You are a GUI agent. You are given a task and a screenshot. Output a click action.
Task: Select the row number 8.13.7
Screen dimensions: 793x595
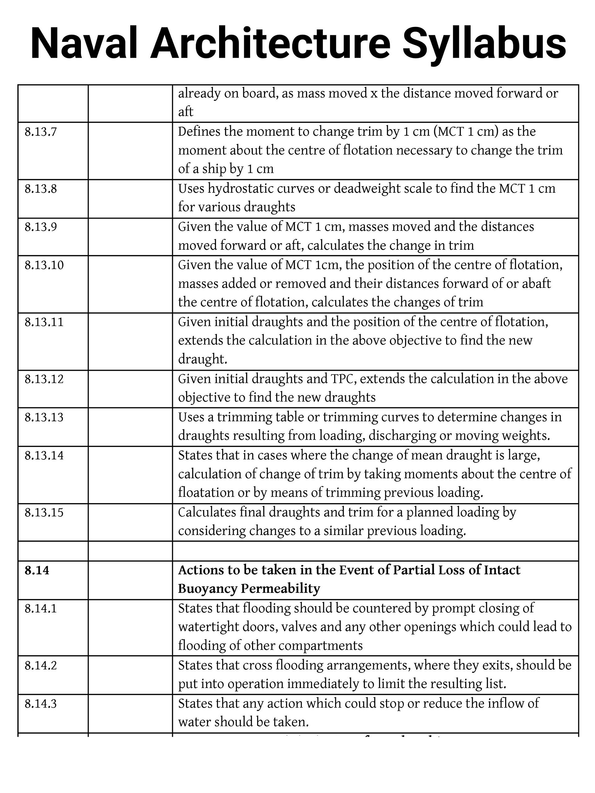(x=41, y=132)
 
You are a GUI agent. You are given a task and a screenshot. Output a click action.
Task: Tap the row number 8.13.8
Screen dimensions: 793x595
(x=41, y=189)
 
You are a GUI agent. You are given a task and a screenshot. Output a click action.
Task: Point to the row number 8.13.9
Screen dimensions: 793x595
(x=41, y=227)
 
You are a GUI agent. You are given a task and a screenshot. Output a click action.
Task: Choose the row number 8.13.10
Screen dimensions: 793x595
(x=44, y=265)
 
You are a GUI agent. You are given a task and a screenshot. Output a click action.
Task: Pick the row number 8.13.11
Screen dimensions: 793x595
(x=44, y=322)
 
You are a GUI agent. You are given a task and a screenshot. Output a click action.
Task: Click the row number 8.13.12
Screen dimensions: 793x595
(x=44, y=379)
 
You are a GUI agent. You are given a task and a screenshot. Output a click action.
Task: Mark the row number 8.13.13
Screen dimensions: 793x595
(x=44, y=418)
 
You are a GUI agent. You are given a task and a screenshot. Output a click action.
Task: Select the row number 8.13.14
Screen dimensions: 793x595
(x=44, y=456)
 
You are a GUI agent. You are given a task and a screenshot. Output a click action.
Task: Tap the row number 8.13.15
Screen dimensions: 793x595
(x=44, y=513)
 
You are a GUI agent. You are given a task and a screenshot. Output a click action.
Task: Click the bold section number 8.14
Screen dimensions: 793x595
(x=37, y=570)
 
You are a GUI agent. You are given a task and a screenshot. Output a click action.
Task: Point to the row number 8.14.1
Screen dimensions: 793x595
(x=41, y=609)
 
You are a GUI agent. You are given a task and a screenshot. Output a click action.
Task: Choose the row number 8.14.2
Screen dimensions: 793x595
(x=41, y=666)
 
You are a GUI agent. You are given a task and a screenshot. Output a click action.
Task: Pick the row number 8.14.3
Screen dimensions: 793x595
(x=41, y=704)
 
